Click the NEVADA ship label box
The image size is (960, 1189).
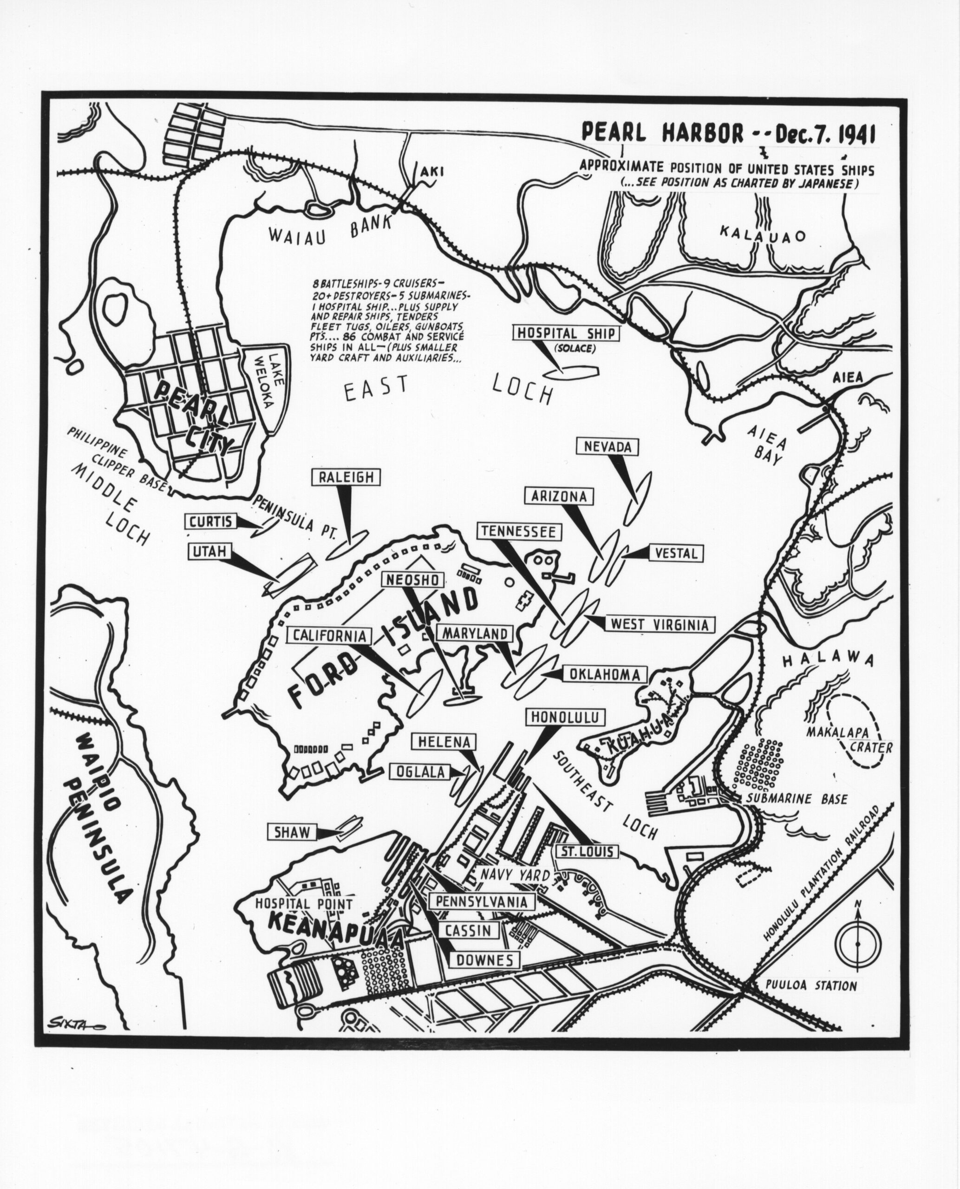[607, 446]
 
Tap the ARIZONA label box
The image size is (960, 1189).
[559, 496]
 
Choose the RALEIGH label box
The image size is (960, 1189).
[346, 477]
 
